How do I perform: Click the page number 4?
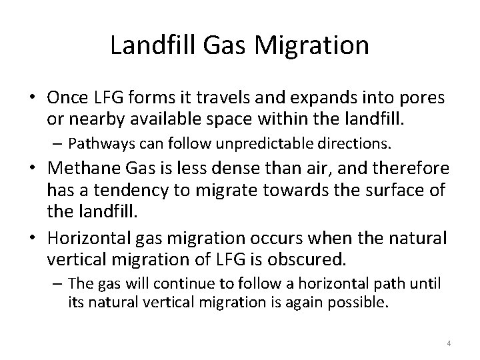(x=449, y=343)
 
